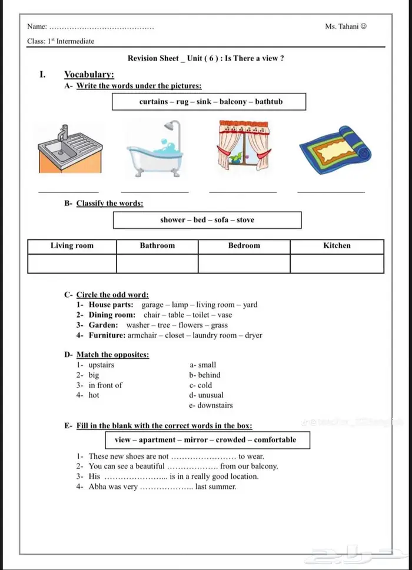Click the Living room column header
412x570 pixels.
click(72, 246)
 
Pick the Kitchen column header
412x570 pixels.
click(337, 246)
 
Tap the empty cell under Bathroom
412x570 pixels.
click(157, 264)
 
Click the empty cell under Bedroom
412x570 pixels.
click(244, 264)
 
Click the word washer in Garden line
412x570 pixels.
click(138, 325)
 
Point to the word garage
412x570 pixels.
click(153, 305)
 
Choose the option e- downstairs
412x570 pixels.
click(211, 405)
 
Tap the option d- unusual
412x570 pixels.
click(206, 395)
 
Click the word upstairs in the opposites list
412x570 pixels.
click(101, 365)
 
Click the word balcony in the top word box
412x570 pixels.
click(233, 102)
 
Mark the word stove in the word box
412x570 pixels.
click(245, 220)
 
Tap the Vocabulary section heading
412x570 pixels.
click(89, 74)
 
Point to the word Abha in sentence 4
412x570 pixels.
click(98, 486)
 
